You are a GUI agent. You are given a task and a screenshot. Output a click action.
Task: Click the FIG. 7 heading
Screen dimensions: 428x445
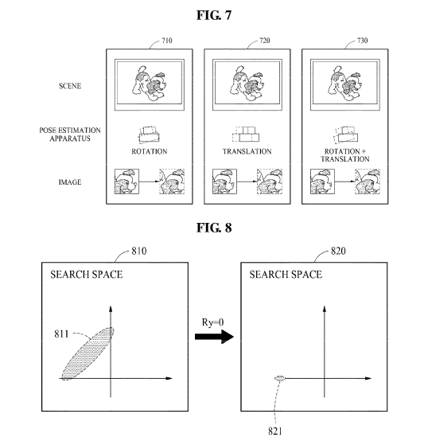(214, 15)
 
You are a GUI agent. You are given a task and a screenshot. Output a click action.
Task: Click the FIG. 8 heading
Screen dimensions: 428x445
(214, 228)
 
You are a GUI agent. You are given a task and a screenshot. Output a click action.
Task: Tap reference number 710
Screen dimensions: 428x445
(167, 41)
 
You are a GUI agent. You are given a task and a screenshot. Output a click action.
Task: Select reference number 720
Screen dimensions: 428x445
(265, 41)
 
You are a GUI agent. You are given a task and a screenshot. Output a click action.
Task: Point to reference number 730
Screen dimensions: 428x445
(363, 41)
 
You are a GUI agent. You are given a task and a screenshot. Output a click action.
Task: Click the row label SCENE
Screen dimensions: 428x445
(70, 86)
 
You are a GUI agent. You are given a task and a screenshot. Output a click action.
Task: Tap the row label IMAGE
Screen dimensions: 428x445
(70, 182)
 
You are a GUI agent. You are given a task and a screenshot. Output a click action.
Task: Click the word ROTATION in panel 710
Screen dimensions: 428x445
(150, 151)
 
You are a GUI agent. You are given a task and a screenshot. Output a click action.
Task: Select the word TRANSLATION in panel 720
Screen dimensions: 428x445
(247, 151)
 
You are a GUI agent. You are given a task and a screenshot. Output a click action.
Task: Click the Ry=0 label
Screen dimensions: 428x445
(212, 322)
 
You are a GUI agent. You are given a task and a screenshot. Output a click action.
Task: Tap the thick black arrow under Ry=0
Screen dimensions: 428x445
(214, 337)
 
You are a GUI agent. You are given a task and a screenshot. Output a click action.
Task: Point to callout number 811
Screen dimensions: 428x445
(61, 334)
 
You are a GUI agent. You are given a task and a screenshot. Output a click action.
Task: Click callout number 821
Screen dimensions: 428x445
(275, 431)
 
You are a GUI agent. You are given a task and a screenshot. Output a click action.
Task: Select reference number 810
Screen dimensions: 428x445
(139, 251)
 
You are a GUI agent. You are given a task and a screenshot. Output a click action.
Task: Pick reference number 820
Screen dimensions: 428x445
(338, 251)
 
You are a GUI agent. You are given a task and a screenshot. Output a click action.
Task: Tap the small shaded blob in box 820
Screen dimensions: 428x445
(280, 378)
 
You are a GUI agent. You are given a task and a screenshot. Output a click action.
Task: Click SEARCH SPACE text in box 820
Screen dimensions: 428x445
(286, 275)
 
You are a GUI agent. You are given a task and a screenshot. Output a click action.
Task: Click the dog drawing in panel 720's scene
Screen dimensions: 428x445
(247, 83)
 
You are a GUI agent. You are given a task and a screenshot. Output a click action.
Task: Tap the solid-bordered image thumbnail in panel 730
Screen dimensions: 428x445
(322, 182)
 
